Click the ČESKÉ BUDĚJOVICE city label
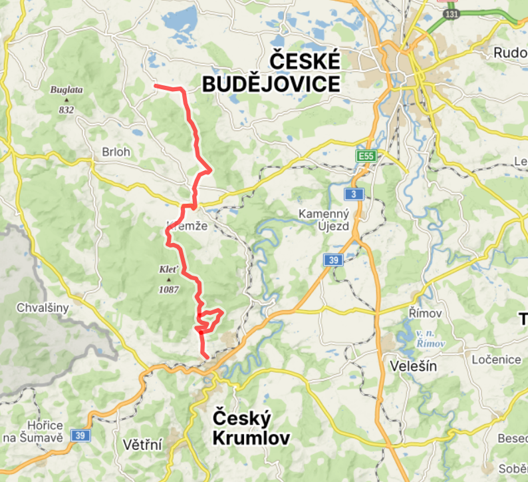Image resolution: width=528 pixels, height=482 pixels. click(x=271, y=73)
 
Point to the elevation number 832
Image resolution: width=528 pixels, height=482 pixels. click(x=66, y=110)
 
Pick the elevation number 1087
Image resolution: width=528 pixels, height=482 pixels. click(x=168, y=290)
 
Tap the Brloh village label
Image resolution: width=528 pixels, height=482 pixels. click(x=116, y=152)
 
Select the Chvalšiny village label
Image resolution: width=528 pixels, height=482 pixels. click(x=43, y=309)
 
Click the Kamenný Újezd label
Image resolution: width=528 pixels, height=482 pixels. click(x=324, y=220)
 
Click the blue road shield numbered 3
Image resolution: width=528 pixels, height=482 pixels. click(x=354, y=194)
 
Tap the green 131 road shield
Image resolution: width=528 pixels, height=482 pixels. click(x=452, y=13)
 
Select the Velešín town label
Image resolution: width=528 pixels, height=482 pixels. click(x=408, y=365)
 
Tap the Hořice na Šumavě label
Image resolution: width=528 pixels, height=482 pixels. click(x=41, y=431)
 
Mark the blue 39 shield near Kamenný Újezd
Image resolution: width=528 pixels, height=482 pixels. click(x=334, y=260)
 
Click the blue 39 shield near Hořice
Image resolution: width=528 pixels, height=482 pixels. click(x=80, y=435)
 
